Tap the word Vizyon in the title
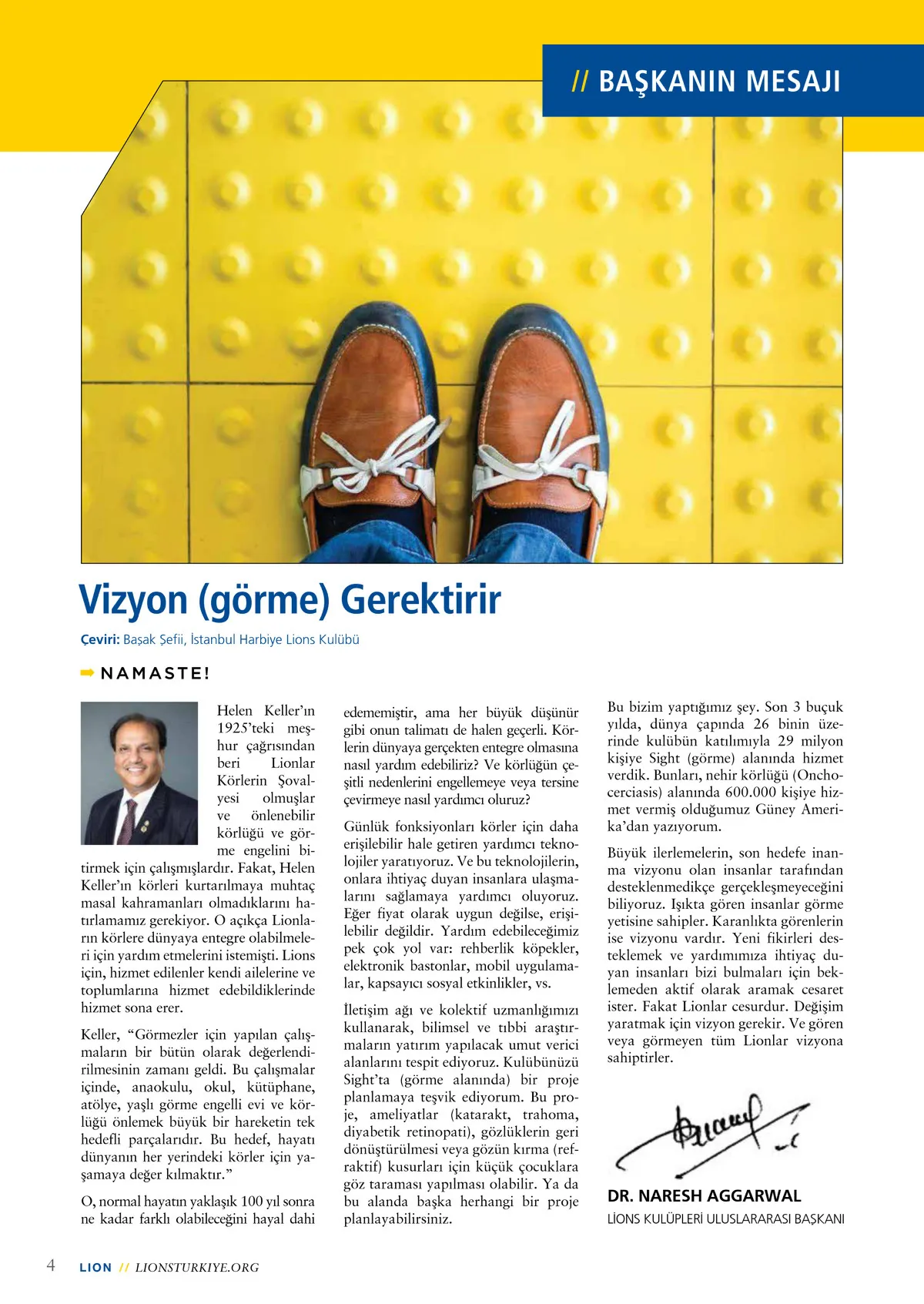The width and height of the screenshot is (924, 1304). point(134,600)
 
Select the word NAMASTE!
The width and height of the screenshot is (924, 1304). point(156,673)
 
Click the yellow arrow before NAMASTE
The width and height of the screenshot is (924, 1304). point(87,672)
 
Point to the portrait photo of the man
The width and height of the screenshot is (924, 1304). point(139,773)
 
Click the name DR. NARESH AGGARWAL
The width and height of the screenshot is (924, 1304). point(704,1196)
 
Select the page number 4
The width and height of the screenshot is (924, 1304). point(51,1265)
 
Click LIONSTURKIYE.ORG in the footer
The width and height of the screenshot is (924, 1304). point(197,1268)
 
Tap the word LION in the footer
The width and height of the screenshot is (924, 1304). point(95,1268)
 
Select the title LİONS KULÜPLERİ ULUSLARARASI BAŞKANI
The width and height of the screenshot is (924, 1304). point(725,1219)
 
